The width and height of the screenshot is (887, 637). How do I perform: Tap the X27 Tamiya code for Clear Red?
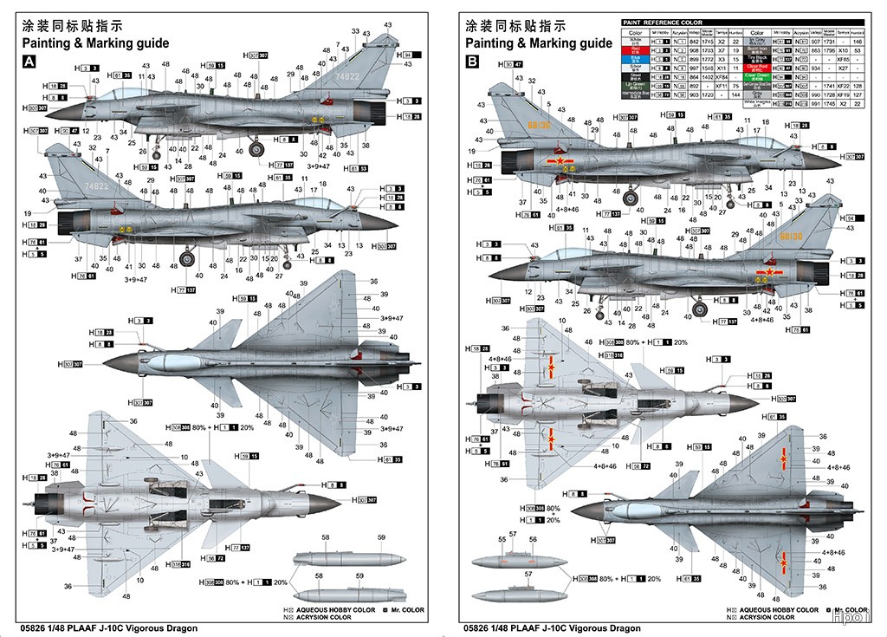(838, 68)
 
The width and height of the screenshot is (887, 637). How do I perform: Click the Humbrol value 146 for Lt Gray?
(857, 42)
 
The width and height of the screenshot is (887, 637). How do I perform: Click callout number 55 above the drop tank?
(502, 538)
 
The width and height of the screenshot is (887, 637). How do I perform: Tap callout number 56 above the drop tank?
(533, 538)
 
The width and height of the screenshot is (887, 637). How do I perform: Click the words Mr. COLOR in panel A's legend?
(405, 610)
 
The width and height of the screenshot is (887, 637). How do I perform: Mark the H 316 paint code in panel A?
(181, 564)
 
